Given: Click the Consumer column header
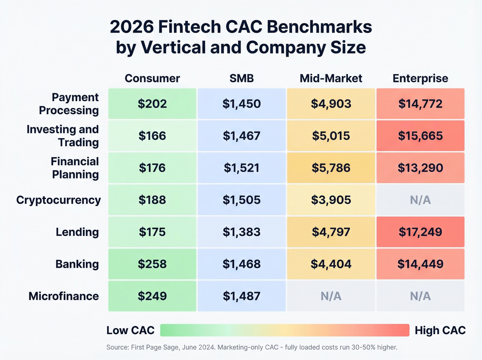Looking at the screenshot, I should click(x=152, y=78).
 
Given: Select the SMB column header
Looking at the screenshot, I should click(x=242, y=78).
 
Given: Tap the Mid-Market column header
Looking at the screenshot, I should click(x=331, y=78).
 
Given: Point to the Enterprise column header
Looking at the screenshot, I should click(x=420, y=78).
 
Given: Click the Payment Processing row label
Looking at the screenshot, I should click(x=69, y=104).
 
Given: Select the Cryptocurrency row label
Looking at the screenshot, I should click(x=59, y=200).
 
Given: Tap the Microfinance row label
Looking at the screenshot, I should click(x=64, y=296).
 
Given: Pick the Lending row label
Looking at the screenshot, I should click(x=77, y=232).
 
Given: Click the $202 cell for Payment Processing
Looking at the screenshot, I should click(x=152, y=104).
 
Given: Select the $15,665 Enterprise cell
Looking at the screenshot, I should click(x=420, y=136).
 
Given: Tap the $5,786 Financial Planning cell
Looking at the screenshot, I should click(x=331, y=168).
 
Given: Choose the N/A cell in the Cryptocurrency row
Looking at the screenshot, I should click(x=420, y=200).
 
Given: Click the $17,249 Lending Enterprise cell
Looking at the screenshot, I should click(x=420, y=232).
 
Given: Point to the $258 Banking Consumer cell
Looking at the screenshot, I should click(x=152, y=264).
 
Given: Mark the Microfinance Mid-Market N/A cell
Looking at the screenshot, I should click(x=331, y=296).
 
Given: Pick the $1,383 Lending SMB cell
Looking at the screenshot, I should click(x=242, y=232).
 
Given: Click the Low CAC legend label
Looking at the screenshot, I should click(x=130, y=330).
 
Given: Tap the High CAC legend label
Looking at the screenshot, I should click(x=440, y=330).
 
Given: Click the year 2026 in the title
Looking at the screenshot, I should click(x=132, y=27).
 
